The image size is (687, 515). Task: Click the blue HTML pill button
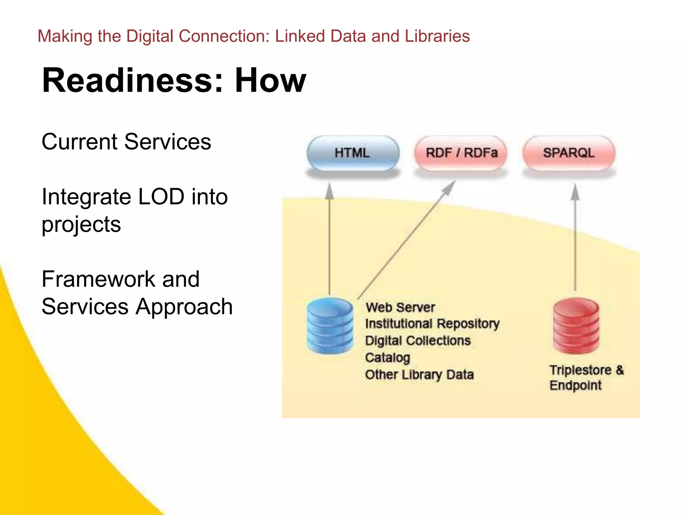point(353,153)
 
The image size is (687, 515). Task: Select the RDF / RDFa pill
point(461,153)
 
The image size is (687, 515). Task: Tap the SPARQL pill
point(569,153)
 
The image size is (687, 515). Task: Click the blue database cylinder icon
point(330,326)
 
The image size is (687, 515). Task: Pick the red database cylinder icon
point(576,326)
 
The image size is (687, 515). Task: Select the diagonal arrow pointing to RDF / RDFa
point(406,240)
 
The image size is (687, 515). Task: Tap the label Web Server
point(400,307)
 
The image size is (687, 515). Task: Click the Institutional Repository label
point(432,324)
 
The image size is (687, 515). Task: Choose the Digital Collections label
point(418,341)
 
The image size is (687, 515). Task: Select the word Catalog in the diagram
point(387,358)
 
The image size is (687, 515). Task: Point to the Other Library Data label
point(419,375)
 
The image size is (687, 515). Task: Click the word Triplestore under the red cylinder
point(580,370)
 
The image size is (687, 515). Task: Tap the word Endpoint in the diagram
point(575,386)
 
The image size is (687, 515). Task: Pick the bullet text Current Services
point(126,141)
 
